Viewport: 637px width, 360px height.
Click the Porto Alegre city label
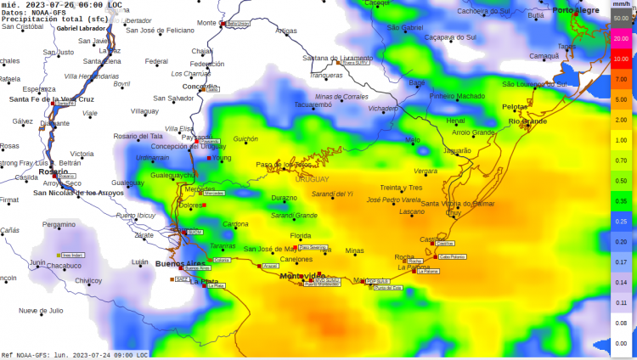click(577, 10)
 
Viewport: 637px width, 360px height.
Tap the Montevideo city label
click(303, 276)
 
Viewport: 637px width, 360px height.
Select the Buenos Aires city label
click(179, 263)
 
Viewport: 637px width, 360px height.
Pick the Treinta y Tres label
click(401, 187)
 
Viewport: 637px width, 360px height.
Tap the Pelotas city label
click(515, 107)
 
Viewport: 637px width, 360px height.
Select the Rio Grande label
click(527, 121)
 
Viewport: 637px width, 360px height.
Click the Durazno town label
click(284, 198)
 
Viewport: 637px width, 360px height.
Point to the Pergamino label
click(59, 224)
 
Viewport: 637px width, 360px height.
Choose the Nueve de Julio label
click(41, 310)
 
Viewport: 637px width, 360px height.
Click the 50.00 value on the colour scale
click(621, 18)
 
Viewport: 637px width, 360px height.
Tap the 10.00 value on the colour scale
click(621, 59)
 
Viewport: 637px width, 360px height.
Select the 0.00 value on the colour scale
click(621, 342)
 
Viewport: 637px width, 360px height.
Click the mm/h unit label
click(621, 5)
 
